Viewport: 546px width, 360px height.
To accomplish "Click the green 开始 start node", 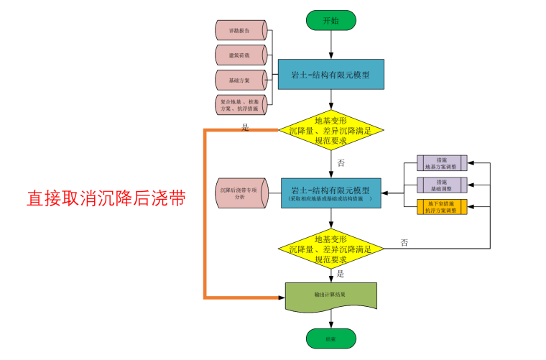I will (330, 20).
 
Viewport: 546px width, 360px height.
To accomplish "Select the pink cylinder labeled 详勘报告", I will (241, 31).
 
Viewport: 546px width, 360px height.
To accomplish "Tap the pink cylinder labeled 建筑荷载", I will (241, 55).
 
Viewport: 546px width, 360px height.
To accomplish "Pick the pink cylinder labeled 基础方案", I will (241, 80).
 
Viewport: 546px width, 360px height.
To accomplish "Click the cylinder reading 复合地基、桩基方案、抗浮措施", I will (241, 105).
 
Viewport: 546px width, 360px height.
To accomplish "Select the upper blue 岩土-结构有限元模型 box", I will (330, 74).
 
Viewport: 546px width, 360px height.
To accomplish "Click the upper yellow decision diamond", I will (331, 130).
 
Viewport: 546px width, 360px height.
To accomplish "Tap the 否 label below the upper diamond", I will (341, 163).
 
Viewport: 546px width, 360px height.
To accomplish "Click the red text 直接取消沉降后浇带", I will (106, 199).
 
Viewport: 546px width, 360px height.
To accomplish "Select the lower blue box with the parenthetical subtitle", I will (330, 193).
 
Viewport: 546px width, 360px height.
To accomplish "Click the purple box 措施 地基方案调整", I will (442, 162).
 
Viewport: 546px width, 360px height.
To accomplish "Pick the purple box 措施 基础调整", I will (442, 185).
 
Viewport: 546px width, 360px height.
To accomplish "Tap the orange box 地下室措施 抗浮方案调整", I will (442, 207).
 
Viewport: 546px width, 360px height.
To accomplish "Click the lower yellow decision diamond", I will (331, 249).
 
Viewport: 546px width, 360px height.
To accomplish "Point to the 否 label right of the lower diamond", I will (404, 242).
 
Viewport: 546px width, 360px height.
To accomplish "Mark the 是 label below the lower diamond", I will (341, 274).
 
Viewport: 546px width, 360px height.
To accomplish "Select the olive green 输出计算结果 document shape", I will (330, 295).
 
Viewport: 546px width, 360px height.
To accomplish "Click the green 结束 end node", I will (330, 337).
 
